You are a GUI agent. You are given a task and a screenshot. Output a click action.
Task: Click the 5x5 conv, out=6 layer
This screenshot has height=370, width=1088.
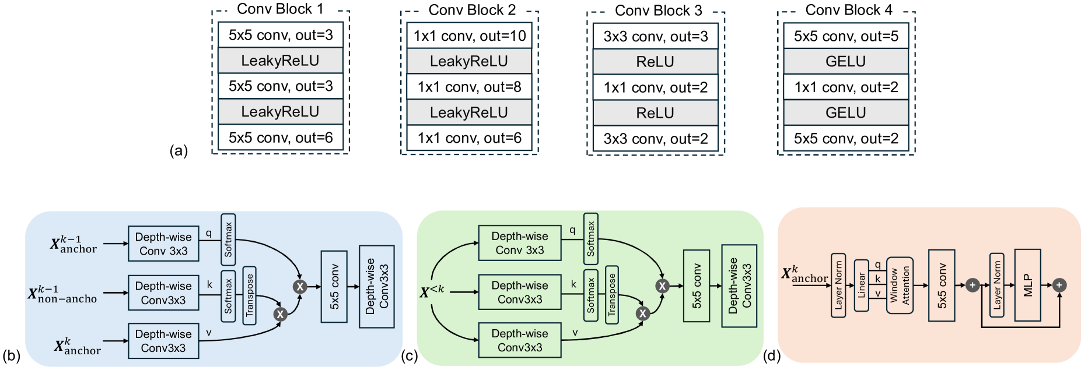coord(281,138)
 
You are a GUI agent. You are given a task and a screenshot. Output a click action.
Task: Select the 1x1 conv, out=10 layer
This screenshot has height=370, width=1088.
coord(470,36)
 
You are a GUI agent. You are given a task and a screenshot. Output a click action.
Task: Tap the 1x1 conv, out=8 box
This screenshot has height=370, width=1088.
coord(470,87)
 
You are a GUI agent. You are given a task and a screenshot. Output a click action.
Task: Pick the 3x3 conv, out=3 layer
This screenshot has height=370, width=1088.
coord(656,37)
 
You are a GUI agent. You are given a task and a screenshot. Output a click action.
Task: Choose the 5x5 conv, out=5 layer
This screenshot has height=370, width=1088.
coord(846,36)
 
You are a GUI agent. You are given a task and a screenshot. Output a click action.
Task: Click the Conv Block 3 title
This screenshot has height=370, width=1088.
coord(658,10)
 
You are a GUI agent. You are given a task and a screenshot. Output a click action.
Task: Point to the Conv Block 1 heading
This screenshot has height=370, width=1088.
coord(280,9)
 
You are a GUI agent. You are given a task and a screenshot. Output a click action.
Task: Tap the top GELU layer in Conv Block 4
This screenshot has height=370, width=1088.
coord(846,61)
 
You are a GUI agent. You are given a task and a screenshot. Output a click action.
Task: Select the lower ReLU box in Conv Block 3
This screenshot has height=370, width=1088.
coord(656,112)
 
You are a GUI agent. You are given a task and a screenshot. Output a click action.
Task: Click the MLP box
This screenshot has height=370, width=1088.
coord(1028,285)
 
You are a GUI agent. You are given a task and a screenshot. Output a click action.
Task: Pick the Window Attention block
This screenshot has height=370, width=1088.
coord(900,286)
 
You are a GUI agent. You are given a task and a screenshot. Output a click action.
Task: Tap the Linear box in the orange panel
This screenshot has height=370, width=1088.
coord(861,286)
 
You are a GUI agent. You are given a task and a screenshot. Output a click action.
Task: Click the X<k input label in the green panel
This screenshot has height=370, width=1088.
coord(432,291)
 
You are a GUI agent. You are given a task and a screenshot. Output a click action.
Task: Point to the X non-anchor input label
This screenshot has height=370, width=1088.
coord(63,294)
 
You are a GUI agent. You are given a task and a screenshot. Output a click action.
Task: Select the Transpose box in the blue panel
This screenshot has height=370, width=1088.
coord(250,295)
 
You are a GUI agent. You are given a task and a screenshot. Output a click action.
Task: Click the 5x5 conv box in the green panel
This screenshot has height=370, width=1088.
coord(697,286)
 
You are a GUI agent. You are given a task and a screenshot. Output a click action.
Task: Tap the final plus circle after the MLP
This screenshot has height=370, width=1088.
coord(1059,285)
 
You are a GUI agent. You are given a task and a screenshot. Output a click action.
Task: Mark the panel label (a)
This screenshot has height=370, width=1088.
coord(179,151)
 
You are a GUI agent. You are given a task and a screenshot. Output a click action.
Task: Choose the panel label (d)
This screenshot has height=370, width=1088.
coord(771,355)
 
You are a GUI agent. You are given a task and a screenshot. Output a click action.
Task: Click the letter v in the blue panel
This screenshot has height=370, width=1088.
coord(208,333)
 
